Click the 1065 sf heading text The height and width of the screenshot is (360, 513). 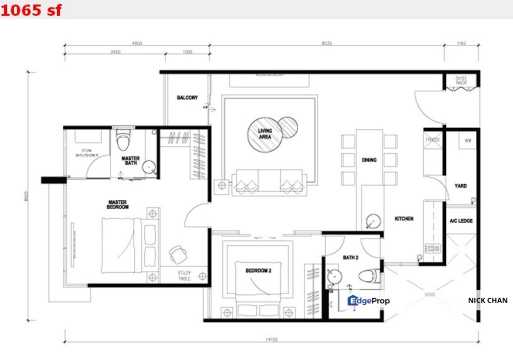tap(31, 9)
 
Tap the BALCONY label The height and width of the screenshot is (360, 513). tap(187, 97)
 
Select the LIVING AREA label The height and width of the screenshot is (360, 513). tap(264, 133)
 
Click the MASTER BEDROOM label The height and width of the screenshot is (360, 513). tap(118, 204)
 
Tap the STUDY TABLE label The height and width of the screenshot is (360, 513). tap(184, 275)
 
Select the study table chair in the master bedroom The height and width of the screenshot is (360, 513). tap(177, 254)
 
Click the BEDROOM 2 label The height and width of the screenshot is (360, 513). tap(258, 270)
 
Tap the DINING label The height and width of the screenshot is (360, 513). tap(369, 160)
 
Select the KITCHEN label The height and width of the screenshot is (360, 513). tap(404, 218)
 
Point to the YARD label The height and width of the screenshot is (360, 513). tap(460, 186)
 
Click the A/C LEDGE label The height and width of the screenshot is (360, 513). tap(460, 220)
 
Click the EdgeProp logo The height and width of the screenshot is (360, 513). tap(368, 300)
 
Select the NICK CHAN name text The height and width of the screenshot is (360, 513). tap(487, 300)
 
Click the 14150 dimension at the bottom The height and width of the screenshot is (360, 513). tap(271, 339)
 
